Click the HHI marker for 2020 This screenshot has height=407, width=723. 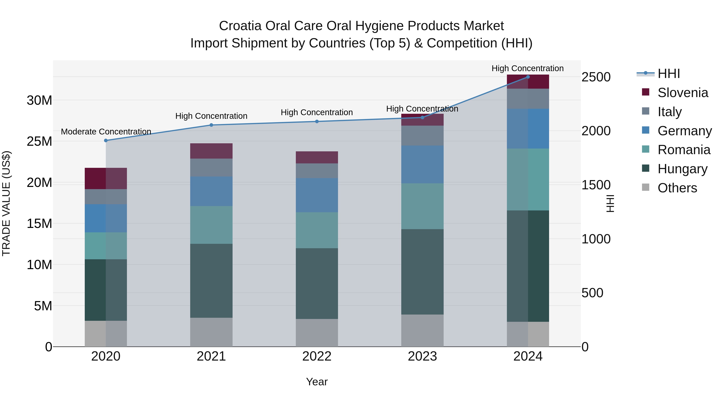point(106,140)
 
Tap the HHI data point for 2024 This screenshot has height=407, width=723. point(528,77)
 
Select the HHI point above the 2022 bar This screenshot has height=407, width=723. point(317,121)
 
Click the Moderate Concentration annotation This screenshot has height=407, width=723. point(106,131)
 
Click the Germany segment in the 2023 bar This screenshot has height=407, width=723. point(422,164)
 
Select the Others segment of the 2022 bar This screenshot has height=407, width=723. point(317,333)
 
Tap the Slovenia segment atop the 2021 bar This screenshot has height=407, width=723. point(211,151)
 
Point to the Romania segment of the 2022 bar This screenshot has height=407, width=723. point(317,230)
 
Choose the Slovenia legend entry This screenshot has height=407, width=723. point(683,93)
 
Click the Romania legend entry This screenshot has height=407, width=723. point(684,150)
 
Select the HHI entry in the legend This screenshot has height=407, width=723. point(669,74)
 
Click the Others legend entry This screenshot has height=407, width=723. point(677,188)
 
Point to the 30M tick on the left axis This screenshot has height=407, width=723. point(39,100)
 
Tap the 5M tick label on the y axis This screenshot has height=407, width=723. point(43,306)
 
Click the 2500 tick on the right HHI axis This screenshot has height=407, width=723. point(596,77)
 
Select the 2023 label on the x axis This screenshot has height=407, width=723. point(422,356)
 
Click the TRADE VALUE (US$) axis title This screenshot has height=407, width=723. point(6,203)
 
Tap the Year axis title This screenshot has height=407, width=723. point(317,382)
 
